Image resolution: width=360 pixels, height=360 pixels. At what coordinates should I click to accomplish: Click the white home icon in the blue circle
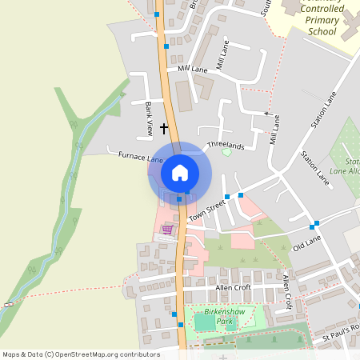180,172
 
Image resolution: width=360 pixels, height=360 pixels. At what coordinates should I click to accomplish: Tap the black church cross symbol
165,128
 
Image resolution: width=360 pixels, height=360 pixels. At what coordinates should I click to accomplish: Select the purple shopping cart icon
167,230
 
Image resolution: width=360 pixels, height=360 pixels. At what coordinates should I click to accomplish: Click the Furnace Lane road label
118,157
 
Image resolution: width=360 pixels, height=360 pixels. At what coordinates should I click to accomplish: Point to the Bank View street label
149,117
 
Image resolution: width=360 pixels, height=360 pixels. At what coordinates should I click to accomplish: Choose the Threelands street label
225,147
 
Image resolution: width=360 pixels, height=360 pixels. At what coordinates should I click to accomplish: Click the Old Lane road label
306,244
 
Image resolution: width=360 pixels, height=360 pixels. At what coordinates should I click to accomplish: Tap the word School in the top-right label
322,31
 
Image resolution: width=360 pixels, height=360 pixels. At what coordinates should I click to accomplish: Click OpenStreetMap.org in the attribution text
84,354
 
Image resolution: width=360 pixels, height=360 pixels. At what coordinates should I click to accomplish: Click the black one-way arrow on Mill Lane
267,114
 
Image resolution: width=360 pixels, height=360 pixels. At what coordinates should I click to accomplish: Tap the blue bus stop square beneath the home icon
180,198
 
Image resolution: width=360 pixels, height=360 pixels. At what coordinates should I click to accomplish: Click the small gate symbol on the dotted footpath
8,305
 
